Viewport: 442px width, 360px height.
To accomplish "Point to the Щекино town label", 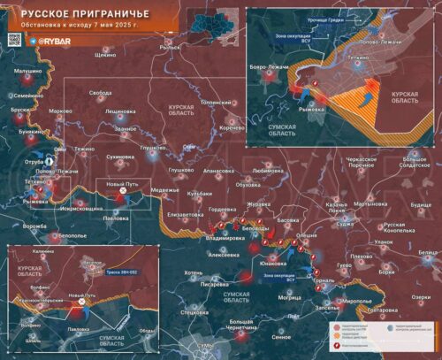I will coord(105,55).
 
